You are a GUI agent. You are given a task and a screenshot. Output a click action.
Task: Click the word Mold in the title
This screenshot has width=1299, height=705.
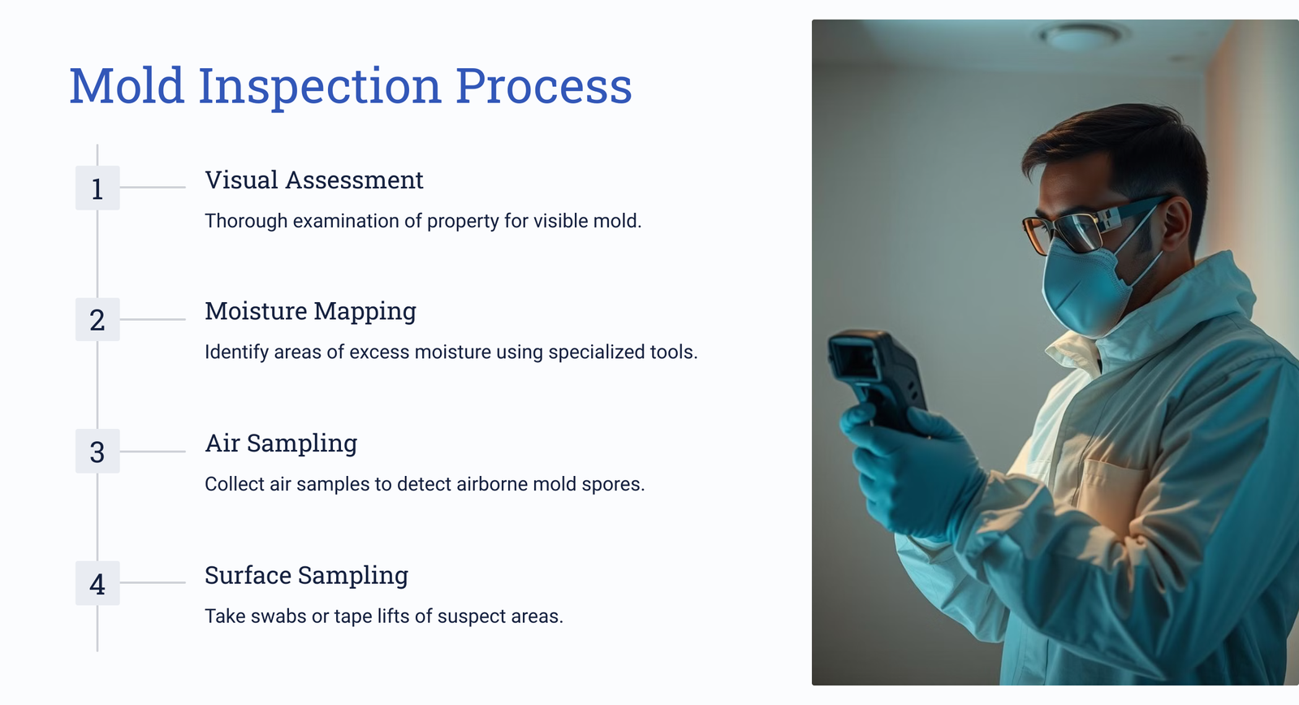tap(127, 85)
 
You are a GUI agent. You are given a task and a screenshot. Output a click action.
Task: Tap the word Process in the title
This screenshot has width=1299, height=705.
tap(543, 85)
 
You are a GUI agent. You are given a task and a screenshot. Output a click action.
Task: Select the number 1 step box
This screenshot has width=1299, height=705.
tap(97, 188)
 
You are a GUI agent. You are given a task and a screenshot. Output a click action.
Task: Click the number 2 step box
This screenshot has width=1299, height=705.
tap(97, 320)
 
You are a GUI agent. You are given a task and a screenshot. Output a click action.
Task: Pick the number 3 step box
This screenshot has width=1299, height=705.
tap(97, 452)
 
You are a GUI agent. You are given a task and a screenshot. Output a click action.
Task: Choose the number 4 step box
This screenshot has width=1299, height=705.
tap(97, 583)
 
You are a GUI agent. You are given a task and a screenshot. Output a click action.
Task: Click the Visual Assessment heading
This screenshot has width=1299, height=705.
tap(314, 179)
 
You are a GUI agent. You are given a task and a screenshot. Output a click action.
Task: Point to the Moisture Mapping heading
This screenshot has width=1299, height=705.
tap(311, 312)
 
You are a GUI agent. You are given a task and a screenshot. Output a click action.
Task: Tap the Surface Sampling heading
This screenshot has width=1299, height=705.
tap(307, 576)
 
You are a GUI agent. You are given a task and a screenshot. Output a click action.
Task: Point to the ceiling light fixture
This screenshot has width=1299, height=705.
tap(1083, 36)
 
